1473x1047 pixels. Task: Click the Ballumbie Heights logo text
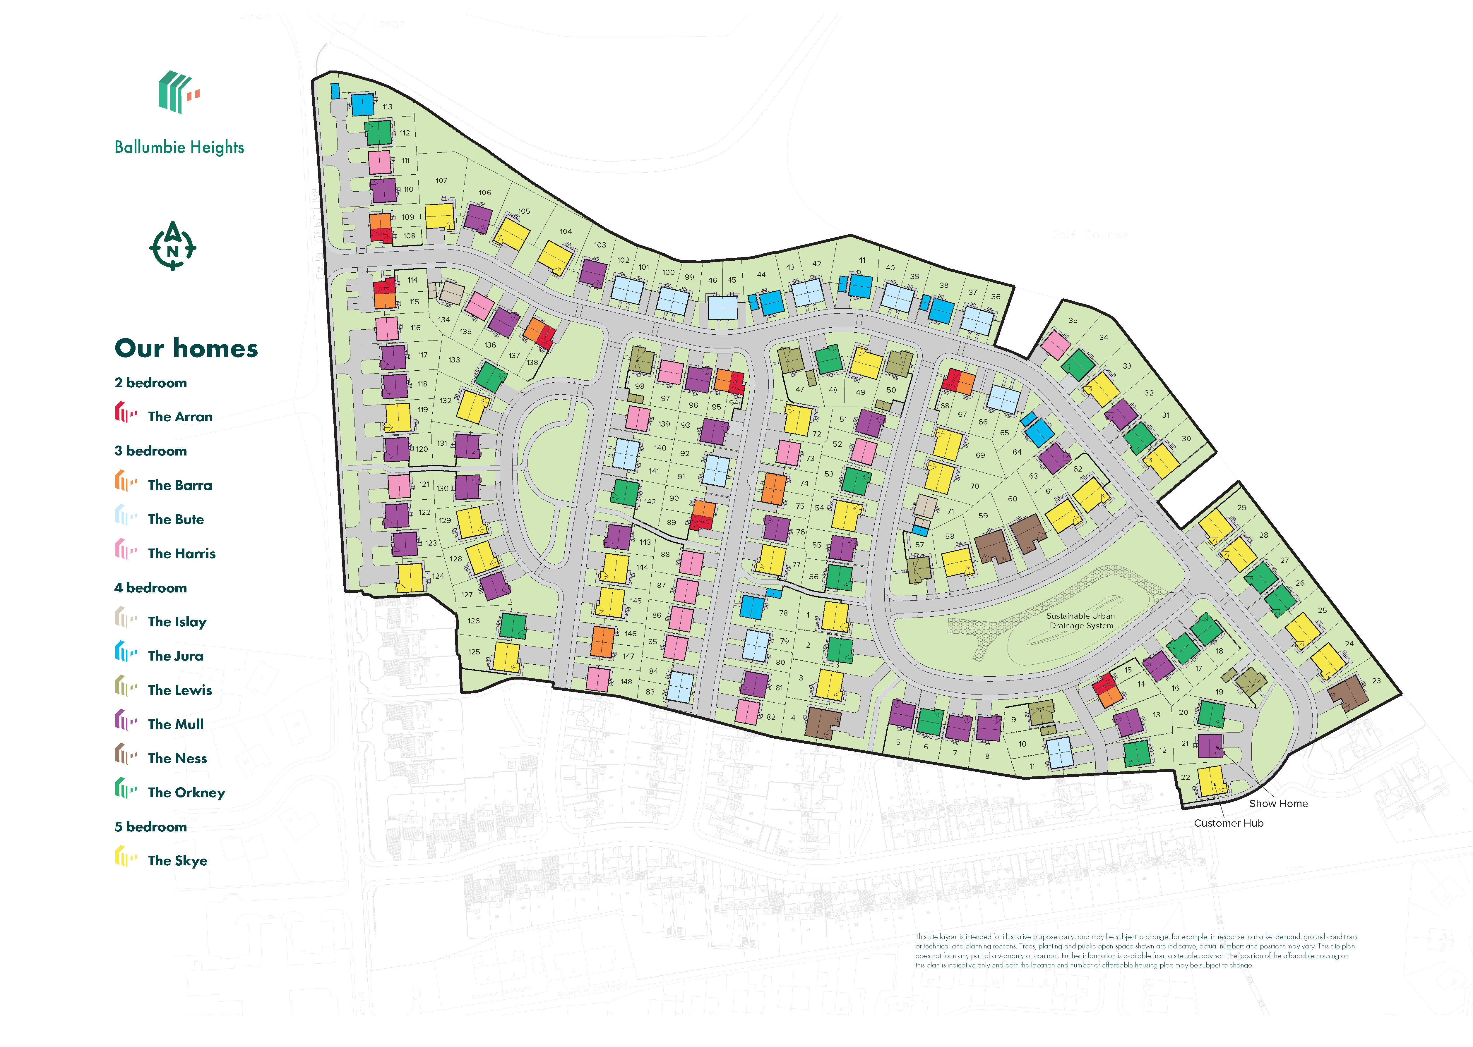[179, 147]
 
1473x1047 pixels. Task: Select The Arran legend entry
[179, 417]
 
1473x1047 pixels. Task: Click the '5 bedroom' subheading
[151, 826]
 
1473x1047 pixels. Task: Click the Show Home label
[1278, 803]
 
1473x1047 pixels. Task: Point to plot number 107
[441, 180]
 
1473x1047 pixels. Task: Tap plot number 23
[1376, 681]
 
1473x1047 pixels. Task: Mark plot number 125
[474, 652]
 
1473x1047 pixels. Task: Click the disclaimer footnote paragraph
[1135, 951]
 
